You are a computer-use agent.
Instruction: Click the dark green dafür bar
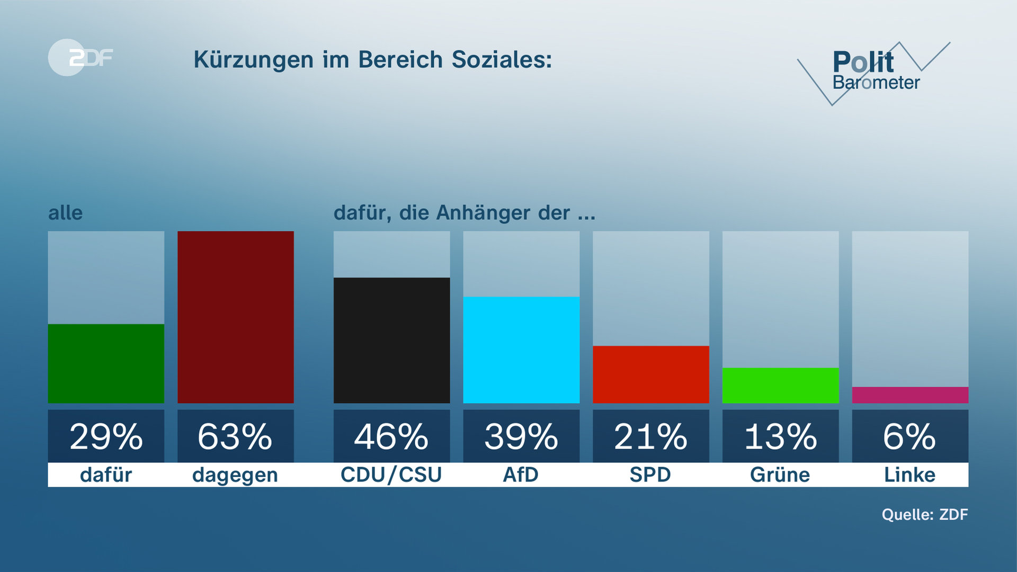(x=106, y=363)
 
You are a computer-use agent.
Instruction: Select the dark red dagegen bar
(x=235, y=317)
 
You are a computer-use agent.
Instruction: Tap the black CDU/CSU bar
(x=391, y=340)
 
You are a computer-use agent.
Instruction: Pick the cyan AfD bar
(x=521, y=350)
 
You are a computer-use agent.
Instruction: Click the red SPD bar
(x=650, y=374)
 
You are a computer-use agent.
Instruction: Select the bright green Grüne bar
(x=780, y=385)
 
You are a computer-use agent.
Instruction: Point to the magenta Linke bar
(x=910, y=395)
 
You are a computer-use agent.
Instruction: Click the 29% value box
(x=106, y=436)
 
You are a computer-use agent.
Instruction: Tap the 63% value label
(x=235, y=436)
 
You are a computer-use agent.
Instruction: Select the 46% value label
(x=391, y=436)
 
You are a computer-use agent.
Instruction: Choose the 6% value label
(x=910, y=436)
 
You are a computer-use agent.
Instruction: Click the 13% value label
(x=780, y=436)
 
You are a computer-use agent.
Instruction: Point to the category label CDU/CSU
(x=391, y=475)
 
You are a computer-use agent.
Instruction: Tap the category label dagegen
(x=235, y=475)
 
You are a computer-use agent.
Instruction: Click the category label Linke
(x=910, y=475)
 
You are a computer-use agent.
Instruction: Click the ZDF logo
(x=81, y=57)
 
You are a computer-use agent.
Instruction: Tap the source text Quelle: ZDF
(x=924, y=514)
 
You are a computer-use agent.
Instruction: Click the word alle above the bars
(x=65, y=213)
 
